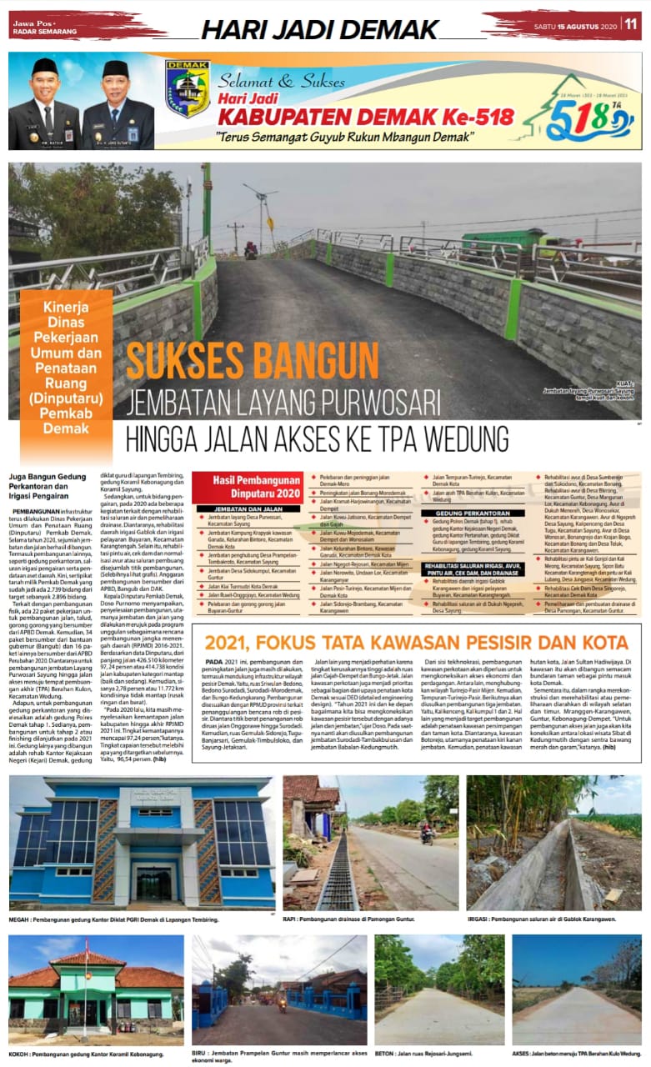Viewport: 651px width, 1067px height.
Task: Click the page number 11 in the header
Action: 631,24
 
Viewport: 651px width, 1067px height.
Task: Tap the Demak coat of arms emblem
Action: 187,89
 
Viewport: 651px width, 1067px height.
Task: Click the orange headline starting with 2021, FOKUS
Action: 416,643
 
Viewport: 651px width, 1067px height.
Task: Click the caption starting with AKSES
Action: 577,1054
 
